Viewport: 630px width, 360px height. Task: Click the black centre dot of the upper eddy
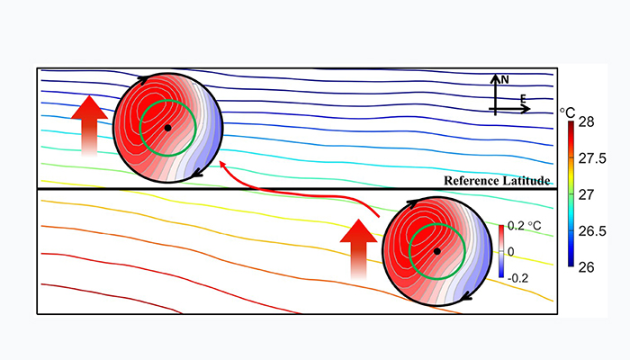(x=167, y=128)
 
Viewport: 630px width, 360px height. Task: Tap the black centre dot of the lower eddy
(x=436, y=251)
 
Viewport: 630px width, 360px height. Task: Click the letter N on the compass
(x=505, y=79)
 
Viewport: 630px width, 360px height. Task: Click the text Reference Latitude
(x=496, y=181)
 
